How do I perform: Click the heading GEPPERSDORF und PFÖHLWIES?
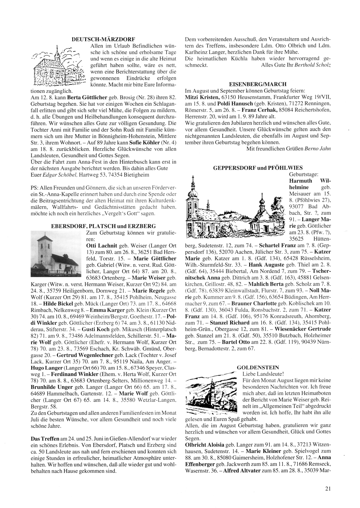258,168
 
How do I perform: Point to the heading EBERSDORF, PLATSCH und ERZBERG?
104,226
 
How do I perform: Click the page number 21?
327,488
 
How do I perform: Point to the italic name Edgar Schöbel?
58,174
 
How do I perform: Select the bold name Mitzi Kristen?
202,97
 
